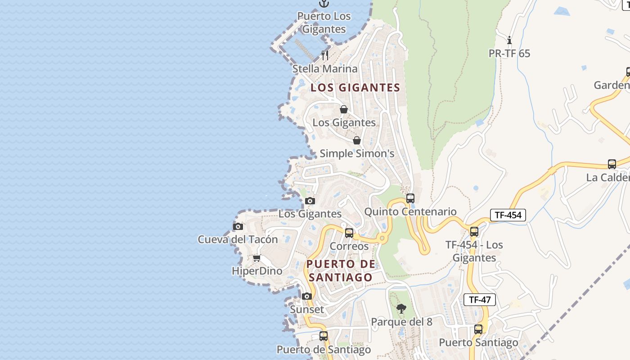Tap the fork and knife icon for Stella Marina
coord(325,55)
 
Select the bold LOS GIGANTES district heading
coord(355,88)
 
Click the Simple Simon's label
coord(357,153)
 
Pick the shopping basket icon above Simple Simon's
coord(357,140)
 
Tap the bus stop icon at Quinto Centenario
coord(410,198)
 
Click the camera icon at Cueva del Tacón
coord(238,226)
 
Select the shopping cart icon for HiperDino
coord(256,258)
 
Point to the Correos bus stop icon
coord(349,233)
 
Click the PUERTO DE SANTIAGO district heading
coord(340,270)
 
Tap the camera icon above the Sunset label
coord(307,296)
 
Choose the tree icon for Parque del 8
coord(401,309)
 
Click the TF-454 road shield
coord(508,215)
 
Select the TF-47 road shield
coord(480,300)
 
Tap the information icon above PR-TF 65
coord(509,40)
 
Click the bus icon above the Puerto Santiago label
coord(478,329)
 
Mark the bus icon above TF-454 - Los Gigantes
coord(474,232)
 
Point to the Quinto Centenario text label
coord(410,211)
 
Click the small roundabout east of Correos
coord(382,238)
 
